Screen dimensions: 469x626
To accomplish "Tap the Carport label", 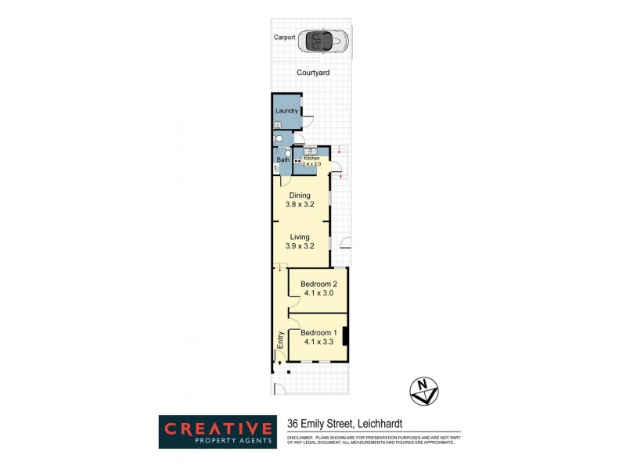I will coord(285,37).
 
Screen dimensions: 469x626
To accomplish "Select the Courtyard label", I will coord(313,73).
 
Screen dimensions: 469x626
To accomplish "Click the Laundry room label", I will coord(286,111).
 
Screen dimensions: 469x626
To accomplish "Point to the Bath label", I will coord(282,160).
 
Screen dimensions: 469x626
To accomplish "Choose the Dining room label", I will coord(300,195).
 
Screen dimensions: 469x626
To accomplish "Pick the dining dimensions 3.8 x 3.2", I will coord(300,206).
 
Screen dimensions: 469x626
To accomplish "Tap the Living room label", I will coord(300,237).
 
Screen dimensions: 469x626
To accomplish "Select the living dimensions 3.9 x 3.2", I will coord(300,247).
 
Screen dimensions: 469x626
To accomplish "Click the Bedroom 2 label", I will coord(319,284).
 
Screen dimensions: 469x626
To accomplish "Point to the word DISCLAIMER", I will coord(300,437).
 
